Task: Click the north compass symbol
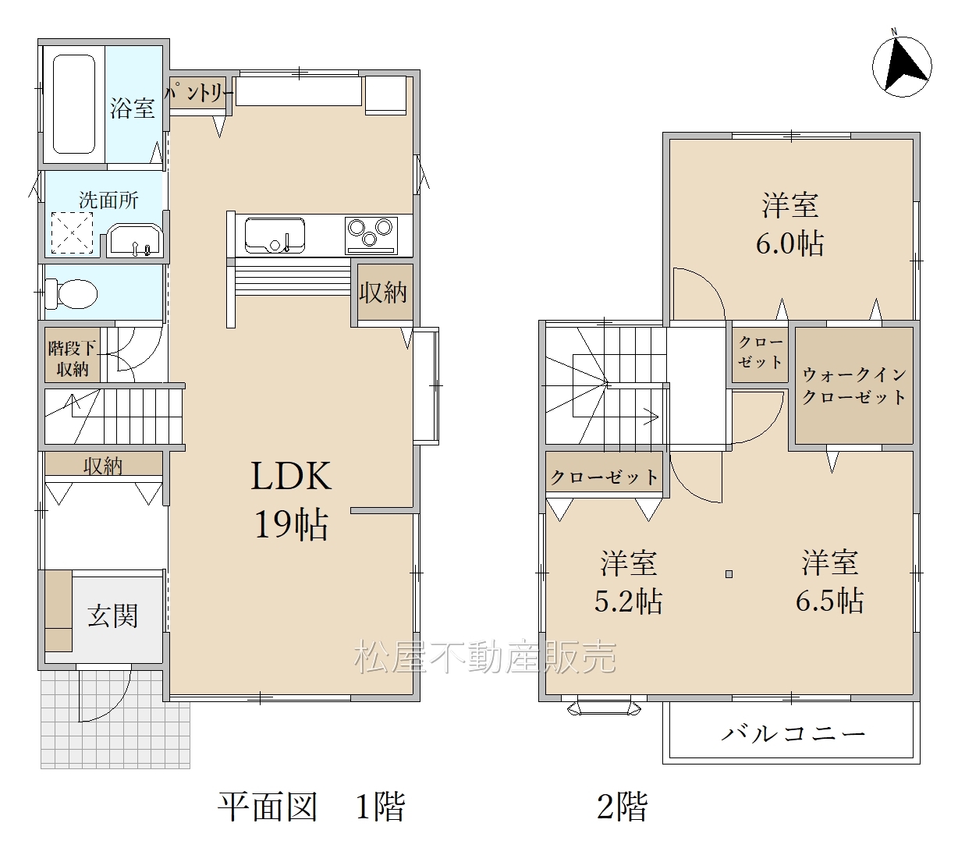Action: pos(901,67)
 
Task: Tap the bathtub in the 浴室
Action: pos(74,104)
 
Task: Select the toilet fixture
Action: pos(71,293)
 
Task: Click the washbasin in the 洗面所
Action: pos(135,241)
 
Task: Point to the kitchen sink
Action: pos(275,235)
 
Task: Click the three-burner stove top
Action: pos(371,235)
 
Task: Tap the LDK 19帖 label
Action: pos(291,499)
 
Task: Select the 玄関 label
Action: pos(112,616)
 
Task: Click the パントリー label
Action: pos(199,93)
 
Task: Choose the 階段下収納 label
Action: pos(72,359)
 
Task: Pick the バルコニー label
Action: pos(793,733)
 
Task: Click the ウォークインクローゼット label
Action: pos(854,386)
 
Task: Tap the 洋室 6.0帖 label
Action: pos(789,224)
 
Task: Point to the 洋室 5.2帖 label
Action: pos(628,581)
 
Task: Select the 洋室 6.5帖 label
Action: pos(829,581)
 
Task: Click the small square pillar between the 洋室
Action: pos(729,574)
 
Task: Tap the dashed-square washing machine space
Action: pos(72,232)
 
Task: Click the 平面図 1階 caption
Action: pos(311,807)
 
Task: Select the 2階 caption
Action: pos(623,807)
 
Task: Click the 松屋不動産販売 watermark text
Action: pos(485,657)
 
